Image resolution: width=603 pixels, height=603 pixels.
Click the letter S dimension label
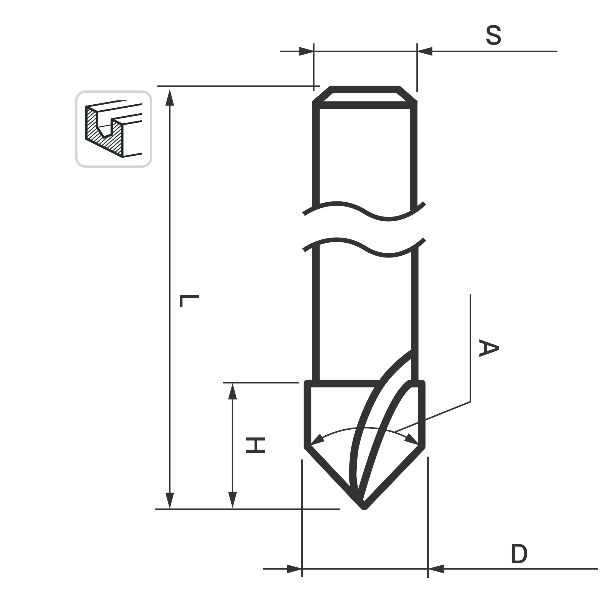(x=494, y=35)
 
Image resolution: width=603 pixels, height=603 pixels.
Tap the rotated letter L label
(x=189, y=301)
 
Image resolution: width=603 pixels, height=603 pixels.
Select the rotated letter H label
(x=256, y=445)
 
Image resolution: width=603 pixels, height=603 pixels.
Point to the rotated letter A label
(x=489, y=348)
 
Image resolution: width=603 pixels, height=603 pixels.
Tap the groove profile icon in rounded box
(x=114, y=129)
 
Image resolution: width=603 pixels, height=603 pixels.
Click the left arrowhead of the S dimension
(x=307, y=51)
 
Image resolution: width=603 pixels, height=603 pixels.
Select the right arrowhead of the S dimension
(x=425, y=51)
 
